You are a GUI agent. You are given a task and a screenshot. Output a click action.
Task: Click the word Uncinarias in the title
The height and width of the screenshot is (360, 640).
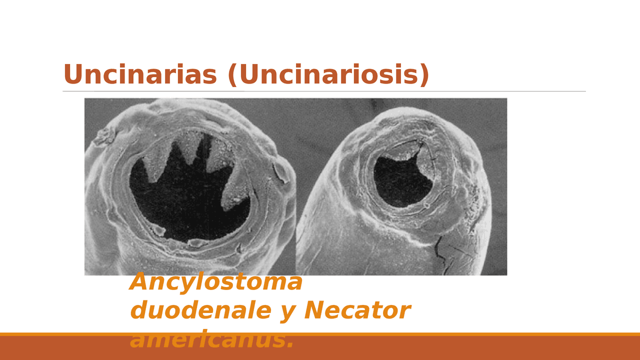140,75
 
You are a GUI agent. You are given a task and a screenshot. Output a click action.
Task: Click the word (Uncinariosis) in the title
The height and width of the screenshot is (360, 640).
328,75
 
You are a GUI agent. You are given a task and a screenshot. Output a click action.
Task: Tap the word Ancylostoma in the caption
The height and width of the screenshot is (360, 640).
216,282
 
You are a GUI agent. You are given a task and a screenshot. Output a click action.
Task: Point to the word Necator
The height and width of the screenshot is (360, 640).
357,310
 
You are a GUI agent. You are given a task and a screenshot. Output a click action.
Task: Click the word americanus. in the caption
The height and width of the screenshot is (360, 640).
212,340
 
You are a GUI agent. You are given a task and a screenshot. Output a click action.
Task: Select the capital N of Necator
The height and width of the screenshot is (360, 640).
314,310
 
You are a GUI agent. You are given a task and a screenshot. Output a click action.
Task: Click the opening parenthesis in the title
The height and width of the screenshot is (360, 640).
232,75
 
